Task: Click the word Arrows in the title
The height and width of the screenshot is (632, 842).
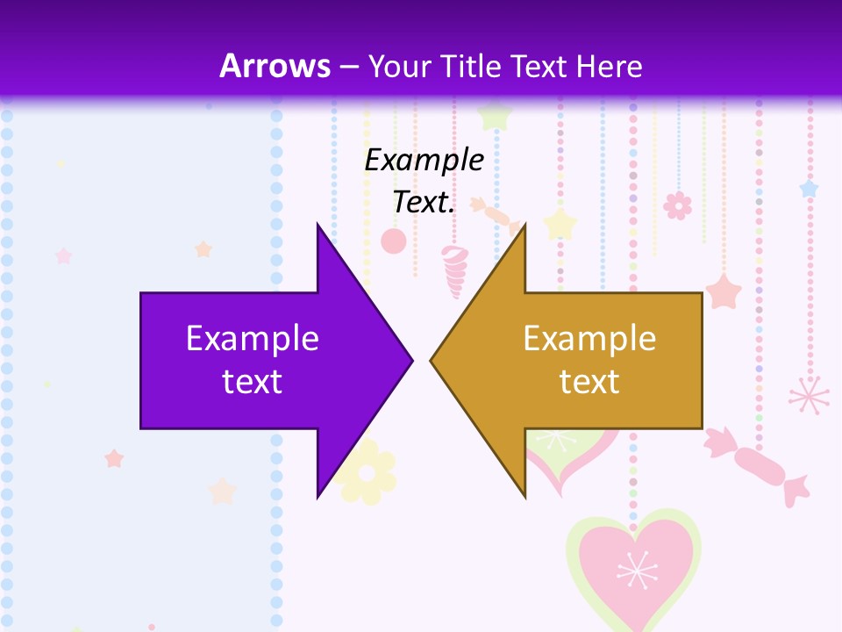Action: tap(275, 66)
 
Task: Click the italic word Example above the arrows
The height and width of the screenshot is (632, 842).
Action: tap(424, 161)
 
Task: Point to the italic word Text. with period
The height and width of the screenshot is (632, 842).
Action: tap(424, 203)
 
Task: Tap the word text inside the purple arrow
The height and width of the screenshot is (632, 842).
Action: tap(252, 382)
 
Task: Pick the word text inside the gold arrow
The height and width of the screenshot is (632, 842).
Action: tap(589, 382)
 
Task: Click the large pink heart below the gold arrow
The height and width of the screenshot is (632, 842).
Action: tap(632, 566)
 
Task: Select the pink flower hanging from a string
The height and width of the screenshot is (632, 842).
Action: tap(677, 205)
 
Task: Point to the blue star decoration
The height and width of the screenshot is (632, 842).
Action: tap(808, 189)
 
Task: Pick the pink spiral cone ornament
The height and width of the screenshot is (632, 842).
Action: tap(454, 270)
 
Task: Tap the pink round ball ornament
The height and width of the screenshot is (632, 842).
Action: tap(394, 241)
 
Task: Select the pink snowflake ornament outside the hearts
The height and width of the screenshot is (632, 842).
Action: tap(809, 396)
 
